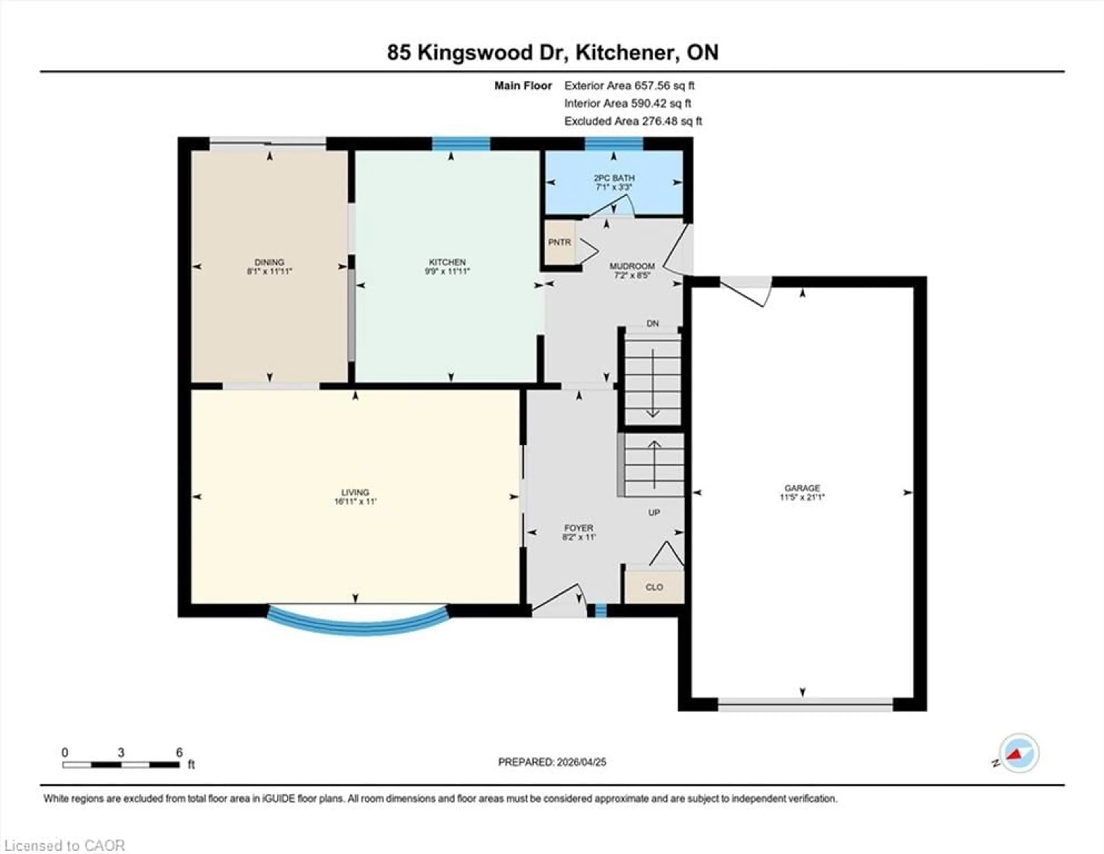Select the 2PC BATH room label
tap(614, 178)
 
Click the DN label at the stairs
tap(653, 323)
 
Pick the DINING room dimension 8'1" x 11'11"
tap(269, 271)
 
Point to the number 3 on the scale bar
tap(121, 752)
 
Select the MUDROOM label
tap(632, 266)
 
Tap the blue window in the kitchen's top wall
tap(461, 143)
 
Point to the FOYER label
tap(579, 528)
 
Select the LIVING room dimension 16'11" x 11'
tap(355, 501)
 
